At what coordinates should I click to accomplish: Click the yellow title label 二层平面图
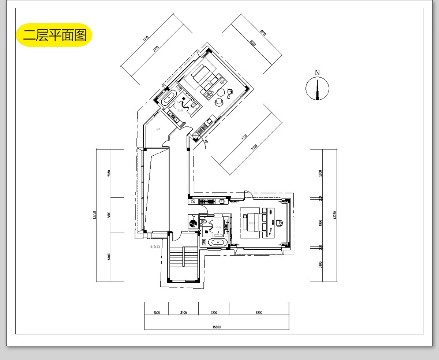point(54,35)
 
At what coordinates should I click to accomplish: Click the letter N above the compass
point(317,73)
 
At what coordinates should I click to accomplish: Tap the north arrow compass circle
point(317,89)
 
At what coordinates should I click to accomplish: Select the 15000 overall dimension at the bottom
point(217,327)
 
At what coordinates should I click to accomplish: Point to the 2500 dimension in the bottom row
point(156,313)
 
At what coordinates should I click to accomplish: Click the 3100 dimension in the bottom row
point(183,313)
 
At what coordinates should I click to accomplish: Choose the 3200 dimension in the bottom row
point(214,313)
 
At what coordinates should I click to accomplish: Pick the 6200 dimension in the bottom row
point(259,313)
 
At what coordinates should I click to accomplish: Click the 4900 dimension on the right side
point(320,223)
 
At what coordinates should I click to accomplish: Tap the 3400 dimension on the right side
point(320,264)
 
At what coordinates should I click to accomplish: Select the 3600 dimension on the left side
point(109,215)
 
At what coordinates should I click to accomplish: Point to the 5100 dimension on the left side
point(109,257)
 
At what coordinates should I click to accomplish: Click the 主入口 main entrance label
point(155,247)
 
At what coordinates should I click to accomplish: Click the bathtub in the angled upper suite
point(169,99)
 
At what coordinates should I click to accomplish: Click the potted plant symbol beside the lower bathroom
point(193,222)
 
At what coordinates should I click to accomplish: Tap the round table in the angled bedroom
point(221,92)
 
